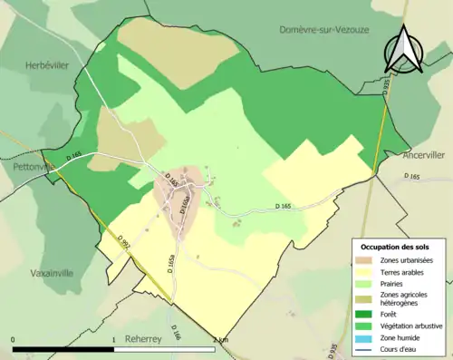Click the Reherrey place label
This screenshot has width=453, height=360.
point(146,336)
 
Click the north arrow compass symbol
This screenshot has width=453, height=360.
point(403,50)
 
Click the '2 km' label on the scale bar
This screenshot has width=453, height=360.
point(220,340)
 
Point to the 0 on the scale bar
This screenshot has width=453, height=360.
point(14,340)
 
